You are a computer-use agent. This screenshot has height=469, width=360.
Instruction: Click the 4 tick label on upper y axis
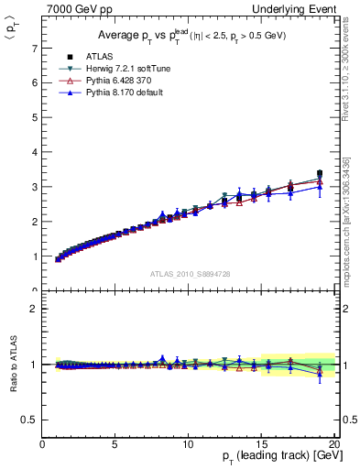[x=34, y=152]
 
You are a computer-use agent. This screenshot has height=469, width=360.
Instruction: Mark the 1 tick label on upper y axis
[x=34, y=256]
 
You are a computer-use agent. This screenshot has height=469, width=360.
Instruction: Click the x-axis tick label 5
[x=115, y=444]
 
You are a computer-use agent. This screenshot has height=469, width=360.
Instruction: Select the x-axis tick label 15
[x=261, y=444]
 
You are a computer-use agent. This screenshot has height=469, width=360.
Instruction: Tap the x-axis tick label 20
[x=333, y=444]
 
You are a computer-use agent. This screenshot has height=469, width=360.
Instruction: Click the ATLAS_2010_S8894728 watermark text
[x=190, y=274]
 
